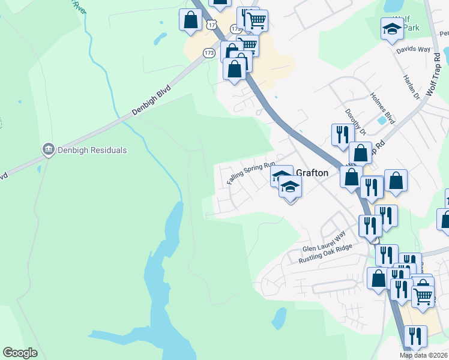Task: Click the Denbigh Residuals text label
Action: pos(92,150)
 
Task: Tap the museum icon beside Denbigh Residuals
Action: pos(48,149)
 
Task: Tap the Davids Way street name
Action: pos(413,49)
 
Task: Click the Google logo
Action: pos(20,353)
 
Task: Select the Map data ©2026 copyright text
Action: pos(423,355)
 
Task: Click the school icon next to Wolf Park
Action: pos(392,29)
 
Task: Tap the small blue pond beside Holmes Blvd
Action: pos(382,120)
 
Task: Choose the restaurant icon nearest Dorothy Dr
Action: pos(342,135)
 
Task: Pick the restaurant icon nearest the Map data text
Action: pos(415,336)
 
